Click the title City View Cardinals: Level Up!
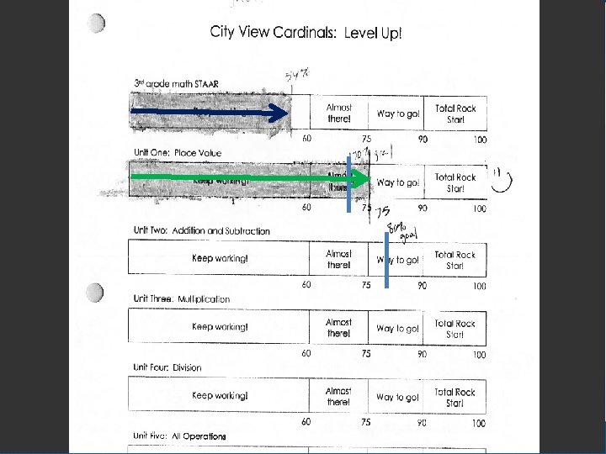pyautogui.click(x=306, y=34)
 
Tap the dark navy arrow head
pyautogui.click(x=279, y=112)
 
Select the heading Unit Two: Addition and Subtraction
pyautogui.click(x=201, y=230)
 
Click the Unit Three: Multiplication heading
pyautogui.click(x=181, y=299)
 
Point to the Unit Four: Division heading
pyautogui.click(x=167, y=367)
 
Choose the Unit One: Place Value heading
pyautogui.click(x=177, y=153)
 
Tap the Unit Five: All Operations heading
pyautogui.click(x=179, y=436)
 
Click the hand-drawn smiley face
pyautogui.click(x=503, y=178)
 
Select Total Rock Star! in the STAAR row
pyautogui.click(x=454, y=113)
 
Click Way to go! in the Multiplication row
pyautogui.click(x=397, y=329)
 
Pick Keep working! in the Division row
pyautogui.click(x=220, y=395)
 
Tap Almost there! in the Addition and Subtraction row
pyautogui.click(x=338, y=259)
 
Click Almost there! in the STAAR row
pyautogui.click(x=339, y=113)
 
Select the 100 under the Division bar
pyautogui.click(x=478, y=423)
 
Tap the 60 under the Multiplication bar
pyautogui.click(x=306, y=354)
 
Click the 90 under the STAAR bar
pyautogui.click(x=422, y=140)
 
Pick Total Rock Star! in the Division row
pyautogui.click(x=454, y=397)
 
